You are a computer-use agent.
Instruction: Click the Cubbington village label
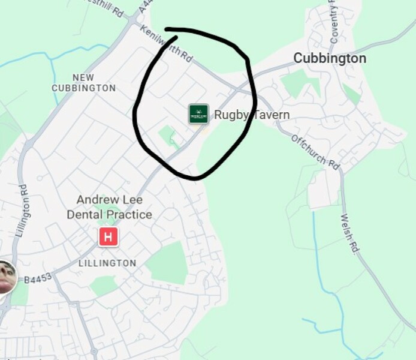tap(329, 59)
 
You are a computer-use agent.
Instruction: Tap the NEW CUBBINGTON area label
tap(83, 83)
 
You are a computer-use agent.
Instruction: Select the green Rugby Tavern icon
tap(198, 114)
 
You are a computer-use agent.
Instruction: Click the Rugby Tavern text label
tap(252, 115)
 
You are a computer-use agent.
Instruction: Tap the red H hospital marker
tap(108, 237)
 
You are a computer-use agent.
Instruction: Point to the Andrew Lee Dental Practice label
tap(109, 207)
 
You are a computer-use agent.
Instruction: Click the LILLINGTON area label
tap(107, 263)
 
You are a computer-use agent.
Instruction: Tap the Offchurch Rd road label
tap(315, 151)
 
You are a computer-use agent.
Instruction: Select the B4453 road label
tap(38, 277)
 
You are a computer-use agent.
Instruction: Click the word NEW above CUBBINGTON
tap(83, 77)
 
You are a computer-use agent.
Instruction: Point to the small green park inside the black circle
tap(168, 136)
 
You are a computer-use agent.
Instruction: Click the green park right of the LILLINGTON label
tap(167, 263)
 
